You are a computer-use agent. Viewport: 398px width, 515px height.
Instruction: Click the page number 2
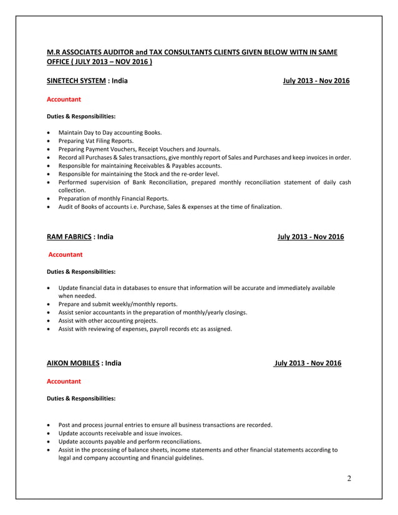click(x=349, y=478)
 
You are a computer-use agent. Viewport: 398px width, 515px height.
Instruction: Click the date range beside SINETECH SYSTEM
click(x=316, y=81)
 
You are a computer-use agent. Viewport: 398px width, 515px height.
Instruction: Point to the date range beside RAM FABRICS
click(x=310, y=237)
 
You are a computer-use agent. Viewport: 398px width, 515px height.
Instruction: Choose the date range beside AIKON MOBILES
click(x=308, y=363)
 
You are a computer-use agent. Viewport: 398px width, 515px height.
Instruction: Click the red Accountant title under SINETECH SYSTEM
click(x=64, y=99)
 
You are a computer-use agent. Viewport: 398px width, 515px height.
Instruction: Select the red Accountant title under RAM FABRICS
click(x=66, y=254)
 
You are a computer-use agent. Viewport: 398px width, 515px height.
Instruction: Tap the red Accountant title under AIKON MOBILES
click(x=64, y=380)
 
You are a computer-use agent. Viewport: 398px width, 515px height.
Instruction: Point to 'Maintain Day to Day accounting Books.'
click(x=110, y=132)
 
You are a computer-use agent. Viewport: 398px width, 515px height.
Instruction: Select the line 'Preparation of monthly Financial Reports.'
click(x=114, y=198)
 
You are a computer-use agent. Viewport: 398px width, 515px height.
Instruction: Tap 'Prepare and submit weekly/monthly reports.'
click(x=118, y=304)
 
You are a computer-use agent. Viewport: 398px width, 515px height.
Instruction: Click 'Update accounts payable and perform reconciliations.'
click(x=130, y=441)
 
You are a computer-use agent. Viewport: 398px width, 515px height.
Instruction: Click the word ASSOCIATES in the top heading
click(x=89, y=53)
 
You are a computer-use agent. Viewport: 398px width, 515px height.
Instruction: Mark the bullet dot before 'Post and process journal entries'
click(x=49, y=425)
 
